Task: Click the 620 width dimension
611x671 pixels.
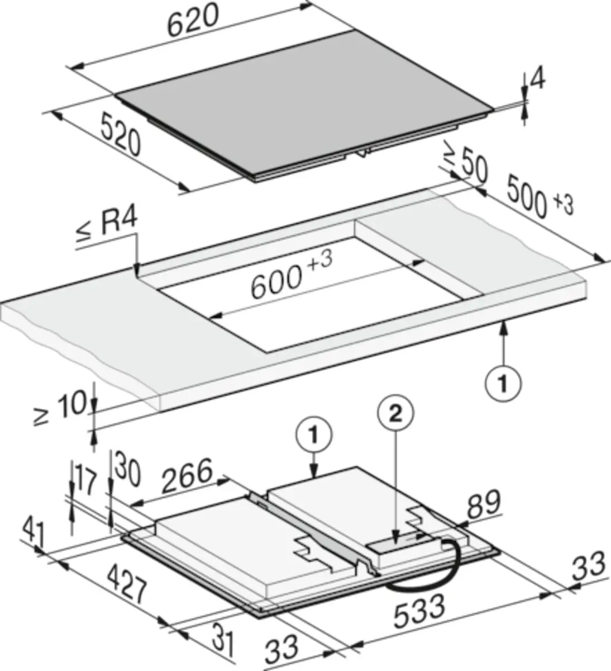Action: [x=194, y=21]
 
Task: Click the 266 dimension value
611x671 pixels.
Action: [x=187, y=475]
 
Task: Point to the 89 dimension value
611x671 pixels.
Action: [x=484, y=504]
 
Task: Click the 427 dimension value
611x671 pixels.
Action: [x=127, y=583]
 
